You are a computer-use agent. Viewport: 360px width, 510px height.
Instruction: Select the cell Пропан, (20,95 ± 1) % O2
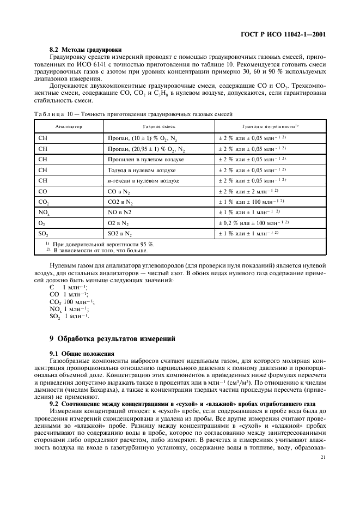tap(145, 149)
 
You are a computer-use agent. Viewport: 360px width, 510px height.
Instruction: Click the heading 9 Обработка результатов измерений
tap(112, 338)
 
